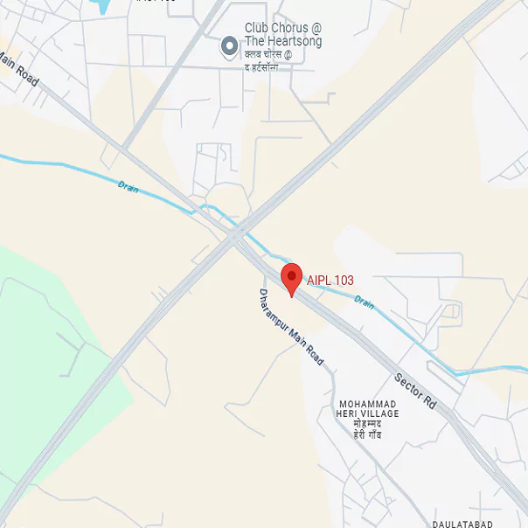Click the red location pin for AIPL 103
[291, 278]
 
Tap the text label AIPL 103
[330, 281]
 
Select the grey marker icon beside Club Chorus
[230, 45]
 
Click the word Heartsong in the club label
[294, 42]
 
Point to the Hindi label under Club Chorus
[273, 62]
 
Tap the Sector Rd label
[415, 393]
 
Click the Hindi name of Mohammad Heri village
[368, 429]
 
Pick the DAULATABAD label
[462, 524]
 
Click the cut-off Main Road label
[18, 68]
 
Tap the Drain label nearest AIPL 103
[364, 302]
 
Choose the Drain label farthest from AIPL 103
[129, 185]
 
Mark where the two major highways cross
[234, 233]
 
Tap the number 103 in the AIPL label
[343, 281]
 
